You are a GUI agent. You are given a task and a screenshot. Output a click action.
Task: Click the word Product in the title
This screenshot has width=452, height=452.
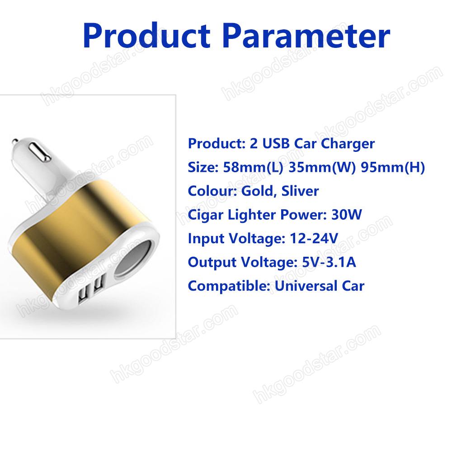point(146,35)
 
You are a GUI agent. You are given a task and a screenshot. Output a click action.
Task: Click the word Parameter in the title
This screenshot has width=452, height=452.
point(306,35)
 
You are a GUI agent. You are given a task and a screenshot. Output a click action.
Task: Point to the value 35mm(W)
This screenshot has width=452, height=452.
point(322,168)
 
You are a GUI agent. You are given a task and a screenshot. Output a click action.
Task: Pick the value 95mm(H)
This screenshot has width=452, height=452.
point(393,168)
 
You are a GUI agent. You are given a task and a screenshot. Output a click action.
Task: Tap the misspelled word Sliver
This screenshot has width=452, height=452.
point(300,191)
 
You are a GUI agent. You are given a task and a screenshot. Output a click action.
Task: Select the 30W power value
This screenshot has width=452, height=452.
point(347,215)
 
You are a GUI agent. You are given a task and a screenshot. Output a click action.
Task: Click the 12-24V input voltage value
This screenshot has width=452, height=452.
point(314,238)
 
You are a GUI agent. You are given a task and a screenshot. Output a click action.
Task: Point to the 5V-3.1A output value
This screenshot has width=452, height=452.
point(329,262)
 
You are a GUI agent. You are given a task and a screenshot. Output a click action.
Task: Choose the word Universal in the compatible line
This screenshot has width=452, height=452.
point(306,286)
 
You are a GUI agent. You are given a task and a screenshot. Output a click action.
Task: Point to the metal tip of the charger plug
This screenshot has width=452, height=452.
point(14,141)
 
